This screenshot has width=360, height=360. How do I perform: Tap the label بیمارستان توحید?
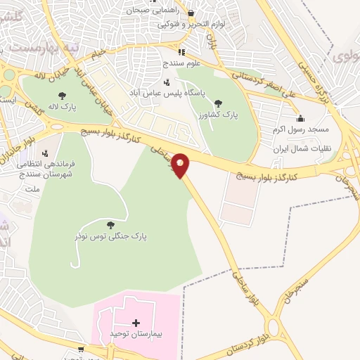click(x=137, y=334)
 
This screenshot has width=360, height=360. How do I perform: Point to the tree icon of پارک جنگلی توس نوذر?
click(x=110, y=225)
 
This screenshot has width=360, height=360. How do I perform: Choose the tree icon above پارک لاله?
click(x=63, y=95)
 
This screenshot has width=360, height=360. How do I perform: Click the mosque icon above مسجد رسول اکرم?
click(x=301, y=118)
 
